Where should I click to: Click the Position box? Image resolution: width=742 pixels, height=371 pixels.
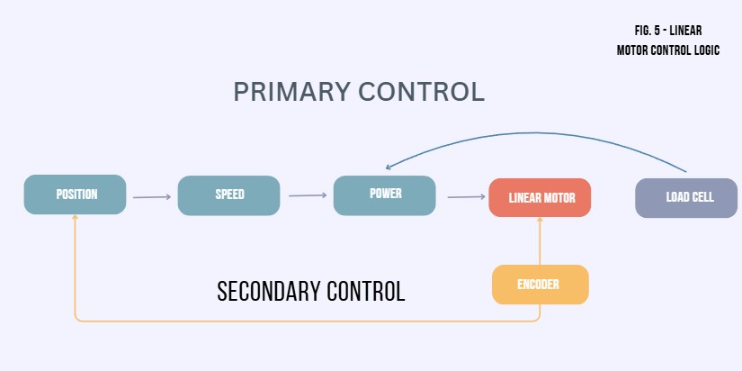tap(76, 195)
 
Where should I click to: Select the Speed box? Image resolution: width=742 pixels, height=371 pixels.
tap(229, 195)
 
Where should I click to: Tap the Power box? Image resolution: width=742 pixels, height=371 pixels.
tap(385, 195)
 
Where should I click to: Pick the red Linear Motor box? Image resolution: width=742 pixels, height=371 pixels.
tap(540, 197)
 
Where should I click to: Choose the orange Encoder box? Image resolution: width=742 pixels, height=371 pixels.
tap(540, 285)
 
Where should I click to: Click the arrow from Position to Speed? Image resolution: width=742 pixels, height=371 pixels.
tap(151, 196)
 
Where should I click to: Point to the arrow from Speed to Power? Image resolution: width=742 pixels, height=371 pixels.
tap(307, 195)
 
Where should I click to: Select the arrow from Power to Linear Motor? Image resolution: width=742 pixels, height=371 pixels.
tap(466, 195)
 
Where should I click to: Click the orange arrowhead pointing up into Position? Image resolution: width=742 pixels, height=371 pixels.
tap(76, 220)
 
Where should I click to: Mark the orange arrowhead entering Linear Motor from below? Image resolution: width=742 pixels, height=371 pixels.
tap(540, 221)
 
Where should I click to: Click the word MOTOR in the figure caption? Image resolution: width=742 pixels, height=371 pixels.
tap(633, 50)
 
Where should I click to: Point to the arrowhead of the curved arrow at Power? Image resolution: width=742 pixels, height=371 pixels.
tap(389, 167)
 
